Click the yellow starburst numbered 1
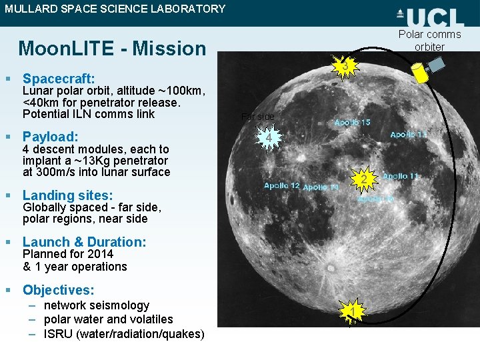tap(351, 311)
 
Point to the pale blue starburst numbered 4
tap(267, 138)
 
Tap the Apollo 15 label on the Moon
tap(352, 123)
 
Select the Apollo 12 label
tap(281, 185)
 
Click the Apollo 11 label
tap(401, 176)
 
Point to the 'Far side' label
tap(257, 117)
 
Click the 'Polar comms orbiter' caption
tap(429, 41)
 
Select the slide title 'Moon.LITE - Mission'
tap(113, 49)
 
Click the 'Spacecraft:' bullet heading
tap(59, 79)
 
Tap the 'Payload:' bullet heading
tap(51, 137)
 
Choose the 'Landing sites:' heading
tap(67, 195)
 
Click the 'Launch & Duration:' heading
tap(84, 242)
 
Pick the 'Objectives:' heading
tap(58, 290)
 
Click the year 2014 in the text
tap(99, 254)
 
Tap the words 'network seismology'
tap(97, 305)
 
